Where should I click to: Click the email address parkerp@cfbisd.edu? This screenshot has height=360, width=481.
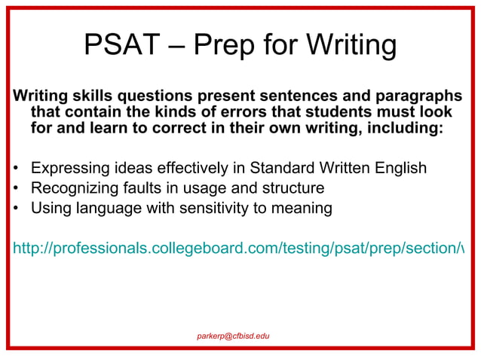click(x=233, y=334)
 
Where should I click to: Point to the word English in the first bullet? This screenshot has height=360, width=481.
click(x=397, y=167)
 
